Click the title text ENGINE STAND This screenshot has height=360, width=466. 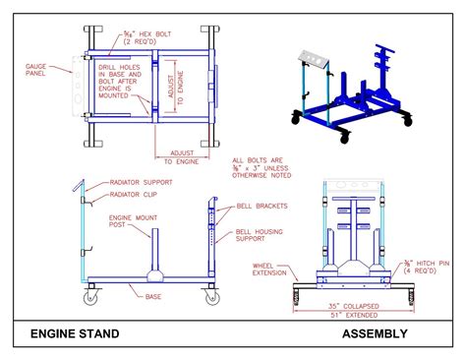click(75, 333)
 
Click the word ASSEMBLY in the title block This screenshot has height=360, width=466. click(374, 333)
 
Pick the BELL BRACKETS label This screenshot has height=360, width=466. click(263, 206)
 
